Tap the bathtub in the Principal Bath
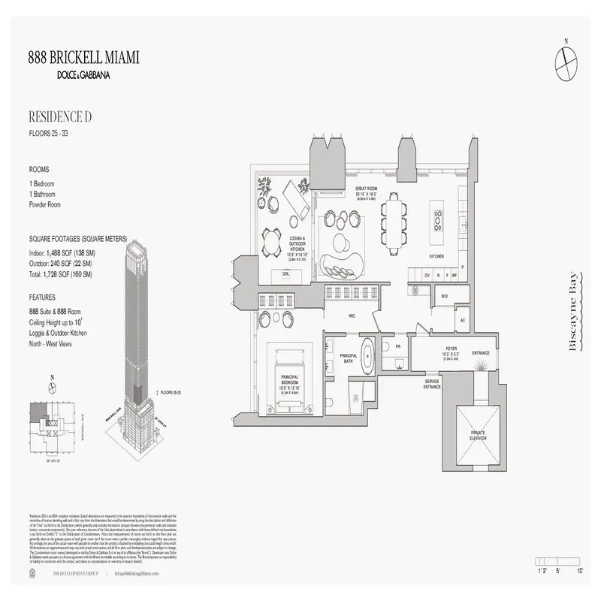click(x=368, y=355)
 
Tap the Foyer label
click(x=450, y=350)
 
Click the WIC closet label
click(x=350, y=316)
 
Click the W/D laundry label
click(x=444, y=296)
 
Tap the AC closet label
click(x=463, y=321)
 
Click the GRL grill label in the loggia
click(x=285, y=274)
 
